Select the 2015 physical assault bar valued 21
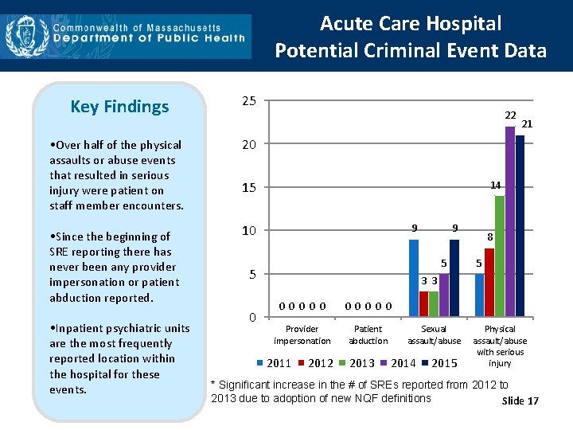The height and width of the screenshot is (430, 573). point(520,225)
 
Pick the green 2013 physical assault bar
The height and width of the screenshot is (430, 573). point(500,255)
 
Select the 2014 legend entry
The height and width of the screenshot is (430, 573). point(399,364)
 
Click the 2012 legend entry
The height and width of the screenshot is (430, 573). point(315,364)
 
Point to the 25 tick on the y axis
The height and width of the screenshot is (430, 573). point(248,101)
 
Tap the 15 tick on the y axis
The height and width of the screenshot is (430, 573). point(248,188)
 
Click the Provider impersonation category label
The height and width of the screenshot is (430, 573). point(302,334)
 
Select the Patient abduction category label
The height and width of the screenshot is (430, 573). point(368,334)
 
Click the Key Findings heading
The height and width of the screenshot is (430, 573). point(119,107)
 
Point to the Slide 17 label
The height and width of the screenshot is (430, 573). point(520,401)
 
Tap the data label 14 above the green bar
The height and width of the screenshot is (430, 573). point(495,186)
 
